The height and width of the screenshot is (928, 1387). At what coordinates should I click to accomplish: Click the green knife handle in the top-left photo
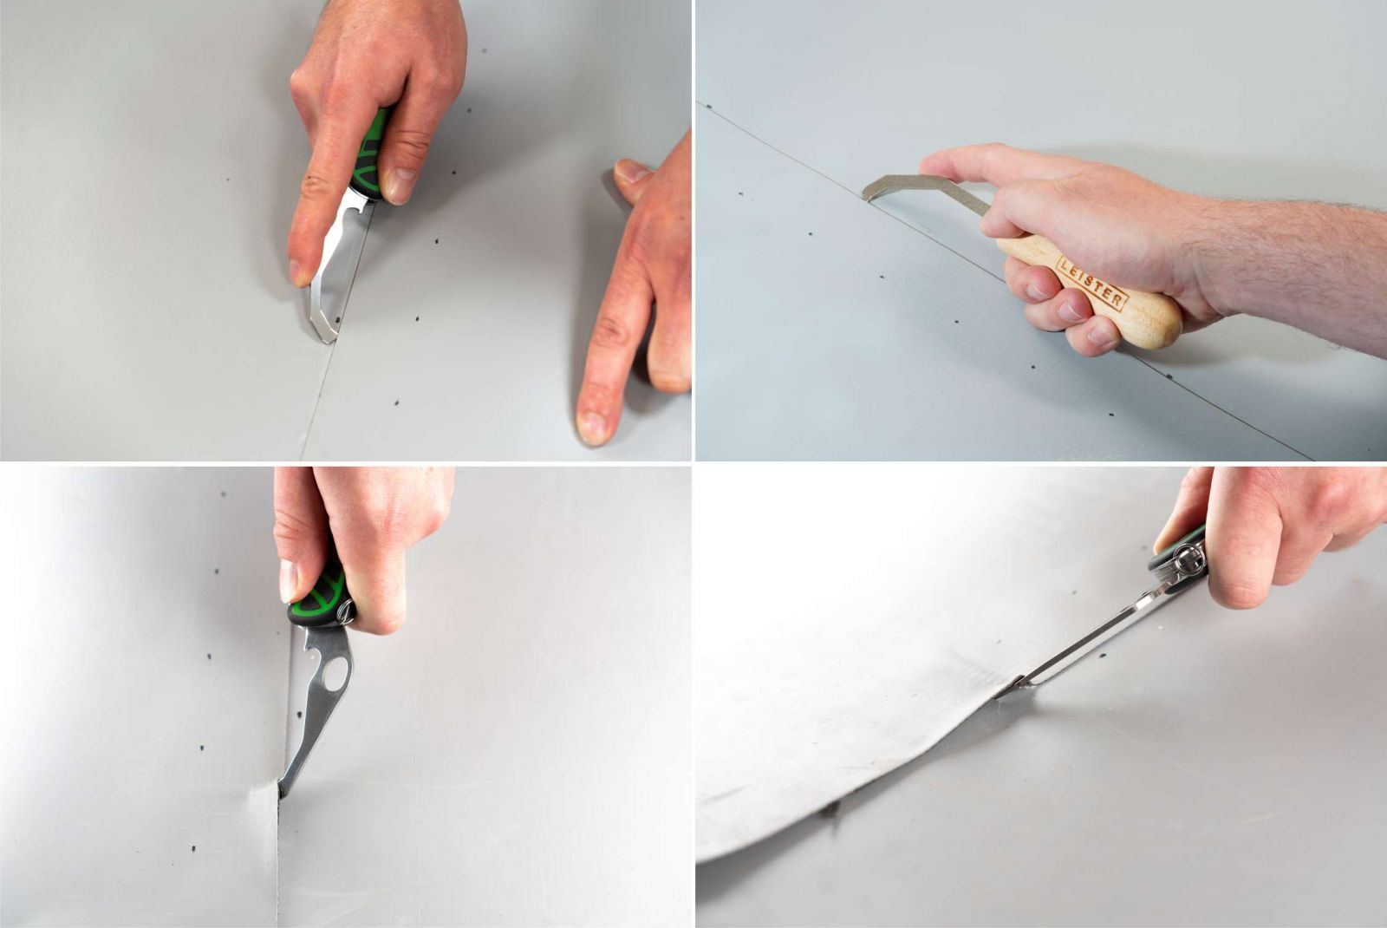coord(369,156)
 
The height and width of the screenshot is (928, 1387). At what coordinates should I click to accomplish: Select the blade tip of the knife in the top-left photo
coord(326,337)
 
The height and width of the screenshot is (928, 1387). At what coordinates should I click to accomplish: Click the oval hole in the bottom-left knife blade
coord(335,674)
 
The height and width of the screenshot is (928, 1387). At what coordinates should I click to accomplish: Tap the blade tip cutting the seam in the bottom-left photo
coord(283,792)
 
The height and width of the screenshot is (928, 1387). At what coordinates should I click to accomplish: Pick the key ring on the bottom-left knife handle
coord(346,613)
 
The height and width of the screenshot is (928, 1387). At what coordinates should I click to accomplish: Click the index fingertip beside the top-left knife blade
coord(300,272)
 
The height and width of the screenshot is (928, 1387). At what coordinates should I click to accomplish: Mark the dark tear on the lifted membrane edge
coord(830,809)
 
